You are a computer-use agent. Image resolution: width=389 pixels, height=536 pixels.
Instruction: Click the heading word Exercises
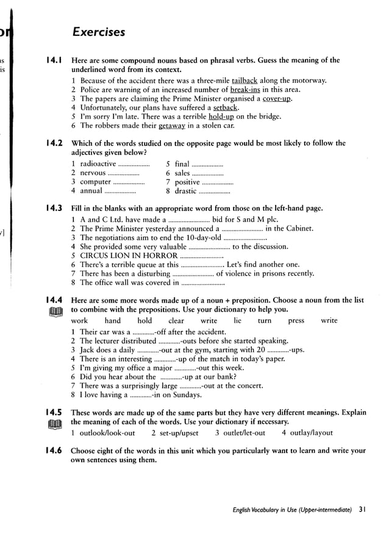point(98,32)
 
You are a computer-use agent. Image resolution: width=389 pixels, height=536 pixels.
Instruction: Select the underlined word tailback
point(244,80)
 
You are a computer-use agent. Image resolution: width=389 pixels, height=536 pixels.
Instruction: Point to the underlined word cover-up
point(277,99)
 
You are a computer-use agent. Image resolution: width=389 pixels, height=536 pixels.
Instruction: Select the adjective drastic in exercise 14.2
point(185,191)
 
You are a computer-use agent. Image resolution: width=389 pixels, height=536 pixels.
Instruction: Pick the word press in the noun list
point(296,321)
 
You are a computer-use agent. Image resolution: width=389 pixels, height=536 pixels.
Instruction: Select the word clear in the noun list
point(176,321)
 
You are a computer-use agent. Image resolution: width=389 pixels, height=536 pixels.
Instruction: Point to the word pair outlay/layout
point(312,433)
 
